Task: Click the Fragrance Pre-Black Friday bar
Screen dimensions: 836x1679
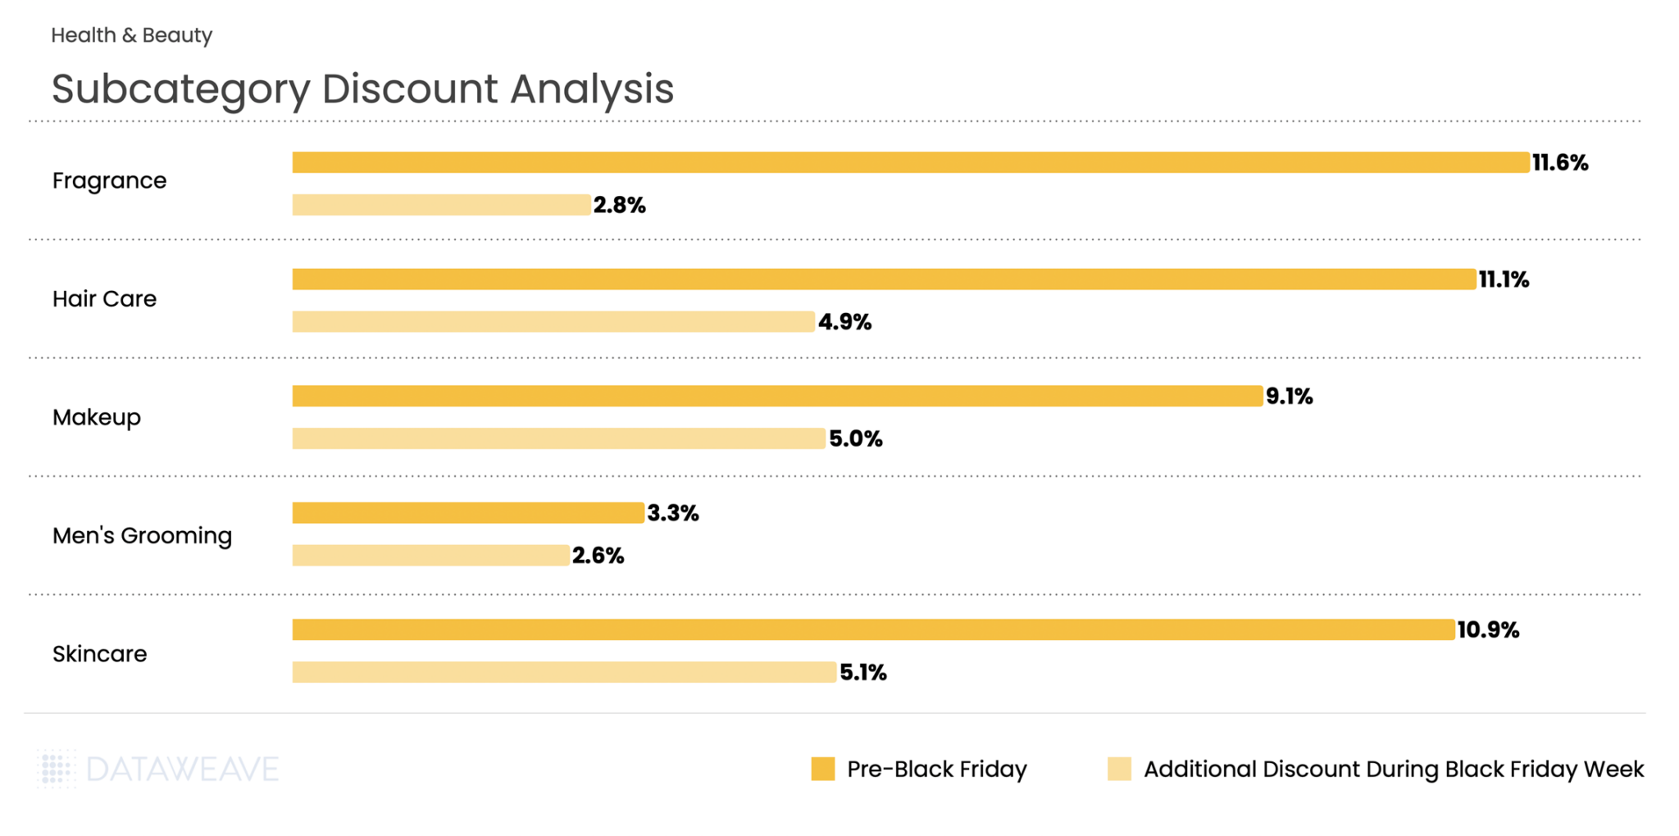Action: [x=910, y=162]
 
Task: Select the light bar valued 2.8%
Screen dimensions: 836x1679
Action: [x=441, y=205]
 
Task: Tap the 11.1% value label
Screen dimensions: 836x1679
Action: [x=1504, y=279]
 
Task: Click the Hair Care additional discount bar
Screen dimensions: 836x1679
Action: [x=553, y=321]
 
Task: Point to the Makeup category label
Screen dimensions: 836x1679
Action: [x=97, y=417]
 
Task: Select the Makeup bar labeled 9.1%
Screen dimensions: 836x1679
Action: [x=777, y=396]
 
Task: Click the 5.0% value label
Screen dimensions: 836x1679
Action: [x=855, y=438]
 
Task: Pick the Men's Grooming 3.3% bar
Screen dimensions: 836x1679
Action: [x=468, y=513]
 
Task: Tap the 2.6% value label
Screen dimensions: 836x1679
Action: [x=598, y=556]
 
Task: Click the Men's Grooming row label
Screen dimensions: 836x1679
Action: [x=142, y=536]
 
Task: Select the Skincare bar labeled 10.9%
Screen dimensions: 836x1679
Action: [x=873, y=629]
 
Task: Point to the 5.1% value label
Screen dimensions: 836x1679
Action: [x=862, y=672]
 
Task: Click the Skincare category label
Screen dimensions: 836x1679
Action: [x=99, y=654]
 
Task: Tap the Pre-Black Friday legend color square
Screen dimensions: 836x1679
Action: [x=822, y=769]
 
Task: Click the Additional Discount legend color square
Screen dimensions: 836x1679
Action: [x=1119, y=769]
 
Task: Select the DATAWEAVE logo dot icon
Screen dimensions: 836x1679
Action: [x=57, y=769]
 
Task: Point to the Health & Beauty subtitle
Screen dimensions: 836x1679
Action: [x=131, y=35]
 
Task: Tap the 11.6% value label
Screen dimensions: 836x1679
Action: [x=1559, y=162]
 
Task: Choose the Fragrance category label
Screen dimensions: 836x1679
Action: [x=109, y=180]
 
